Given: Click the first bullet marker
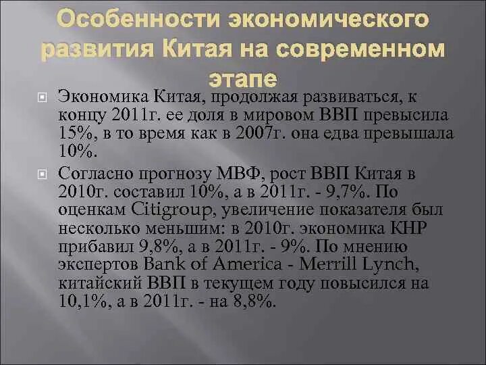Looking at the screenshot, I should coord(42,99).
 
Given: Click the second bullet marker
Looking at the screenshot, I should coord(42,174).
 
